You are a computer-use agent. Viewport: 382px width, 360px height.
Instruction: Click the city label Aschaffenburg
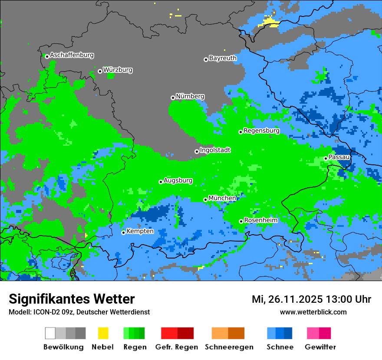(72, 55)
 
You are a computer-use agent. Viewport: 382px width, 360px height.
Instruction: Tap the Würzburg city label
(118, 70)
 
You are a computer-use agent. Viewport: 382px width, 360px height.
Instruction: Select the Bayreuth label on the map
(223, 58)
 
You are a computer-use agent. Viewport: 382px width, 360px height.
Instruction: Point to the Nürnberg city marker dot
(173, 98)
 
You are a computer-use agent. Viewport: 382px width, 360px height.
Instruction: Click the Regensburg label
(261, 131)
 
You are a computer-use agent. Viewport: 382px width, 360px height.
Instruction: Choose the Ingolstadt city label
(215, 150)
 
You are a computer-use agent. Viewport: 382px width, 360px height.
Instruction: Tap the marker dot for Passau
(326, 158)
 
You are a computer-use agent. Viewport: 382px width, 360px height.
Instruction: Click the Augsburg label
(178, 180)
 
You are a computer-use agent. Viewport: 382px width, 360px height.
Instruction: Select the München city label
(222, 198)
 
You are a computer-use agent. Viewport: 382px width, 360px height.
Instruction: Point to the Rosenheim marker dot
(241, 221)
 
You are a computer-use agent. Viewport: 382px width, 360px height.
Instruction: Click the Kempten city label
(140, 231)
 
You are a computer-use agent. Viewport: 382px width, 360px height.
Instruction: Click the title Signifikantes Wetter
(72, 299)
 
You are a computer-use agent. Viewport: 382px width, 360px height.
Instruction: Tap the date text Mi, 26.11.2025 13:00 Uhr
(311, 299)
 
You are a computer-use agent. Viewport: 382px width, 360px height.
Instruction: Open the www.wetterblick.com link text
(313, 312)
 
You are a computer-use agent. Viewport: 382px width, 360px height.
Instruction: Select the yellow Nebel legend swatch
(103, 333)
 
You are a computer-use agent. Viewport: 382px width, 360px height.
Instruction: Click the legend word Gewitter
(320, 347)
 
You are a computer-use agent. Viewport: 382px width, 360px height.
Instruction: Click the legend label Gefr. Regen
(176, 347)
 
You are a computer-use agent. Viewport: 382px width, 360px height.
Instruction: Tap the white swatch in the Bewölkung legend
(50, 333)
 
